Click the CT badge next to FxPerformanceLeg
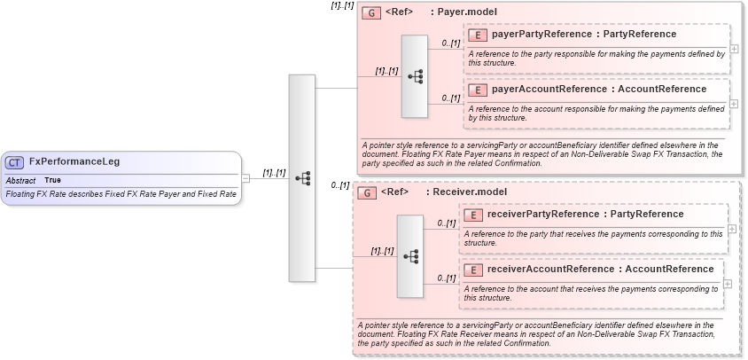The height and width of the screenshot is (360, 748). pos(15,162)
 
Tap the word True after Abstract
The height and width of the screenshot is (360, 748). pos(53,180)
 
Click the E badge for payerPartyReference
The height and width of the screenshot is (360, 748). pos(478,35)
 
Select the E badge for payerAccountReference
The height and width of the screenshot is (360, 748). pos(478,90)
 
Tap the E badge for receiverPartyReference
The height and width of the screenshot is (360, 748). pos(473,215)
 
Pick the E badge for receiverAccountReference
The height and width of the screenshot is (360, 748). pos(473,270)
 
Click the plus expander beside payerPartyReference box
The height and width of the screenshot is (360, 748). pos(733,50)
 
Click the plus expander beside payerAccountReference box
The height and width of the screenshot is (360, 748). pos(733,104)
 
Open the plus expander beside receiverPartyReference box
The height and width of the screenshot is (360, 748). pos(731,228)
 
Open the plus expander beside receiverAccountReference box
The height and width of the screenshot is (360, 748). pos(728,284)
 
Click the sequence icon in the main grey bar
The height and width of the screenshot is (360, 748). pos(302,177)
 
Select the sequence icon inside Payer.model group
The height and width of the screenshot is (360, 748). pos(414,76)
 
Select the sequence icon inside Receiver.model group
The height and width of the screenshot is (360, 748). pos(409,255)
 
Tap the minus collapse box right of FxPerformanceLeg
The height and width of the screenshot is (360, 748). pos(246,178)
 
